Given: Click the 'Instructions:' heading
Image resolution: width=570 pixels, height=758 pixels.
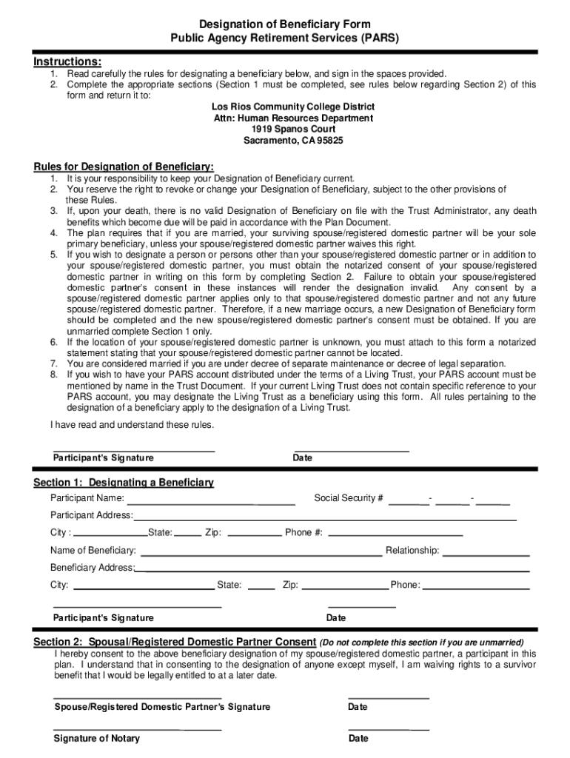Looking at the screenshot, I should [67, 61].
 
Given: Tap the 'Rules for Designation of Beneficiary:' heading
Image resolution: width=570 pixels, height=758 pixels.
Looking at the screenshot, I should [124, 166].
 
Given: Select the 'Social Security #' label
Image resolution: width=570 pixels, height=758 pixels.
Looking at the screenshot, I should [349, 497].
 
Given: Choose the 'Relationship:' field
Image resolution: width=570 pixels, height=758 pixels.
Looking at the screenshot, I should [486, 551].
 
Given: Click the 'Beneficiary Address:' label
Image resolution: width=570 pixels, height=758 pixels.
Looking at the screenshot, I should [93, 568].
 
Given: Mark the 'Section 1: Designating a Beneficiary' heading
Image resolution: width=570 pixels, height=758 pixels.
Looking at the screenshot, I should [124, 483].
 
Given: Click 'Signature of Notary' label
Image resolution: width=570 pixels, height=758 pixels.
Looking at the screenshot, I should [96, 738].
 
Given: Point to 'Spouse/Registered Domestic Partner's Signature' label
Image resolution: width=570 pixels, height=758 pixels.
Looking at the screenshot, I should [162, 707].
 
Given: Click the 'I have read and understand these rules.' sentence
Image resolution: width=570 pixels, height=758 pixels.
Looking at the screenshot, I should [132, 425].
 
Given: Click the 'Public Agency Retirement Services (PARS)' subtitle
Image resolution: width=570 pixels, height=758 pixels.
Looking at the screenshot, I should [285, 38].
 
